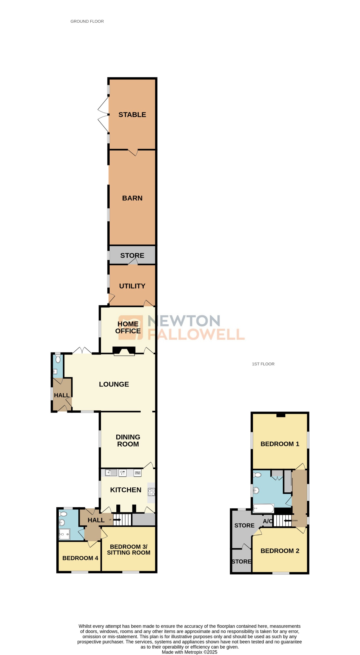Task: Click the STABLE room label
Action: (132, 115)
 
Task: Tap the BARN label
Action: (132, 198)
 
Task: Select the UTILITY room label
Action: (132, 286)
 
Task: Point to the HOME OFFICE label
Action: (128, 327)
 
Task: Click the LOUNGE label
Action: (114, 384)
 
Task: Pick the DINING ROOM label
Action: (128, 440)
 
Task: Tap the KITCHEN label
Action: (125, 490)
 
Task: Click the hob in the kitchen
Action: (151, 492)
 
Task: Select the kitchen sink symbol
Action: (111, 473)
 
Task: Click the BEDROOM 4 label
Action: (80, 558)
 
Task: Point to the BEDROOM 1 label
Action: (280, 444)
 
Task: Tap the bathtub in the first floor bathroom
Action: (263, 508)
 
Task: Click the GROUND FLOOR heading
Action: (87, 21)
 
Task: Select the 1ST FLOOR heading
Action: (263, 364)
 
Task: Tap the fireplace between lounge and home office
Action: (124, 351)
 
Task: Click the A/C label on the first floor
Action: (267, 521)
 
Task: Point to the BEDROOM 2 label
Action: (280, 551)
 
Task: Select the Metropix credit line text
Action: (189, 652)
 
